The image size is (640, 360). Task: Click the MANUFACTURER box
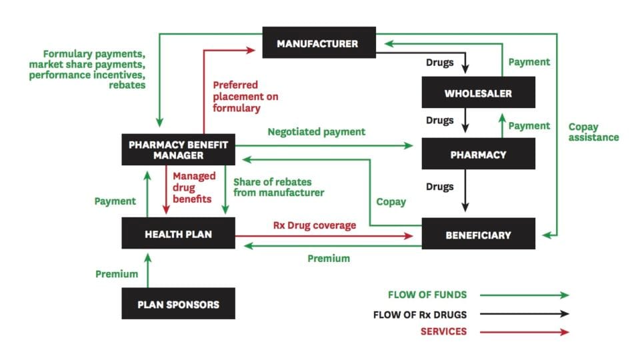point(318,43)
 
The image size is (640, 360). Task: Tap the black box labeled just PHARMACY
point(477,154)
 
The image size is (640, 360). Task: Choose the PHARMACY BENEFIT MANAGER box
point(178,149)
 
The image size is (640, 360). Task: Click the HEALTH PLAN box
point(178,234)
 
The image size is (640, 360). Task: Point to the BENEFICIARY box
point(477,234)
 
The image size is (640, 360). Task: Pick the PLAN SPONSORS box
point(178,304)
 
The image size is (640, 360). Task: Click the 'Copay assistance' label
point(593,131)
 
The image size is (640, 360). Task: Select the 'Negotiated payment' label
point(316,132)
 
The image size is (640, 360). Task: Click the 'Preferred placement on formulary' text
point(245,97)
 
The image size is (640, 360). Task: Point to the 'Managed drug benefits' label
point(194,187)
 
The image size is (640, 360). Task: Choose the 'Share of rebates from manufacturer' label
point(279,187)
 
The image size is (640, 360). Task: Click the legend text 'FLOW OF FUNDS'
point(427,295)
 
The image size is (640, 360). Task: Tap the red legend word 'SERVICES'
point(443,331)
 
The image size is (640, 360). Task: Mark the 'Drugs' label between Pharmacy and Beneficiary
point(440,187)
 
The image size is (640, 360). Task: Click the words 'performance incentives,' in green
point(87,75)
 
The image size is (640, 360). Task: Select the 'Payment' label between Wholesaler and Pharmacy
point(529,125)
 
